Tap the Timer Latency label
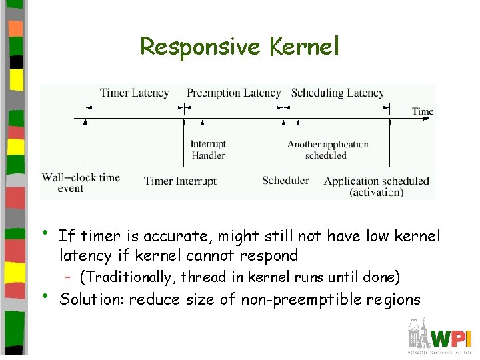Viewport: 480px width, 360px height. tap(134, 93)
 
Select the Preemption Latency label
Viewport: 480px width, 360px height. tap(233, 93)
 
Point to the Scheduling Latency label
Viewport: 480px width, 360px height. tap(337, 93)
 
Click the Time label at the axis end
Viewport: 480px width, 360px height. tap(423, 111)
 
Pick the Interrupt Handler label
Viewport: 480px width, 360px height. tap(208, 149)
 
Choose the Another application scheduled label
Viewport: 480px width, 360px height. tap(327, 149)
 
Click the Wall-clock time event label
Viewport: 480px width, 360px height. tap(80, 182)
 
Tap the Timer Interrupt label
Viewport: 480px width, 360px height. tap(180, 181)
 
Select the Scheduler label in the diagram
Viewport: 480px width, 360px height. tap(285, 180)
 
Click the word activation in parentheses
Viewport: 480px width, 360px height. tap(377, 192)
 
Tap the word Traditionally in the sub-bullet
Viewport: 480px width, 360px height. tap(127, 277)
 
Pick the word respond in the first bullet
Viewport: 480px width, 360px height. tap(273, 255)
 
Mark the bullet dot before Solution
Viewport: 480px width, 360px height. tap(45, 294)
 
